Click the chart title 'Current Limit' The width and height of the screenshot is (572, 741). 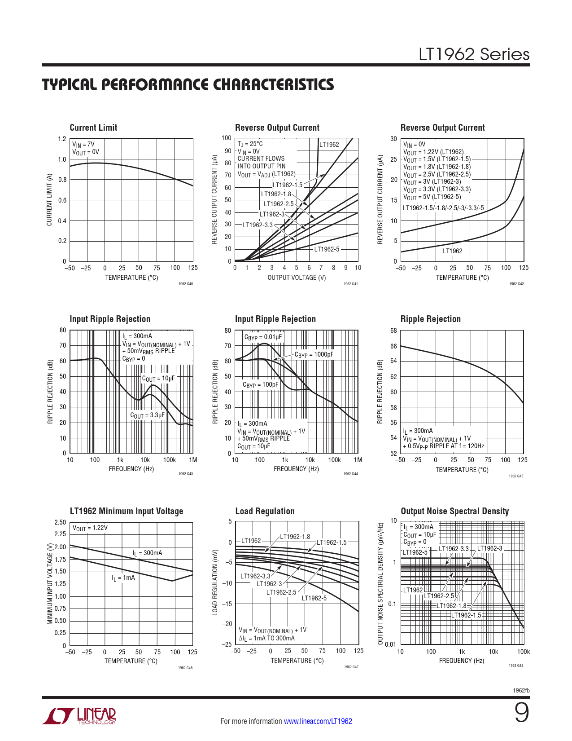coord(93,128)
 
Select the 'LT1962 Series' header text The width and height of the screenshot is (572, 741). coord(474,54)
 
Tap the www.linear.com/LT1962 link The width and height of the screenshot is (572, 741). coord(318,721)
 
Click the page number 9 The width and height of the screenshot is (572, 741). coord(521,713)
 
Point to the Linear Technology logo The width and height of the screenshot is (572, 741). coord(79,716)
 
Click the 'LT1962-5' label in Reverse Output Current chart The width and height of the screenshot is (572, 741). coord(327,249)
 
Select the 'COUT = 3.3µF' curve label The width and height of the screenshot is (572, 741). coord(147,415)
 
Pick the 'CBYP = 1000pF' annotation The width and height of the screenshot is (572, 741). coord(314,355)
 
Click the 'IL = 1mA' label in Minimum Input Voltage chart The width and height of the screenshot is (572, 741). coord(123,578)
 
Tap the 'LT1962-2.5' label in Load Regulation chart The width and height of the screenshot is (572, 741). coord(281,592)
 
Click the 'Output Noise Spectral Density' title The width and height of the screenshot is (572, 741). coord(454,511)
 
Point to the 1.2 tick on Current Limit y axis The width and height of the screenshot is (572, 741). coord(62,139)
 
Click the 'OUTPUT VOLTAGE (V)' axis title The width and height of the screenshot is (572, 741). coord(297,278)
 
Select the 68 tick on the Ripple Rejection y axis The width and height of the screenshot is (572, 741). coord(393,331)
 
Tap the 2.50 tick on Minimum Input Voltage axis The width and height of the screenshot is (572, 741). coord(60,522)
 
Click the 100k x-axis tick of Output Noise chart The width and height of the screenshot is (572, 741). coord(523,652)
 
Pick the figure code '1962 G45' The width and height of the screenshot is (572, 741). coord(516,476)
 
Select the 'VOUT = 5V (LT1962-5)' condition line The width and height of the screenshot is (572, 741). coord(432,197)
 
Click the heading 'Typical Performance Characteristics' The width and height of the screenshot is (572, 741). coord(188,85)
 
